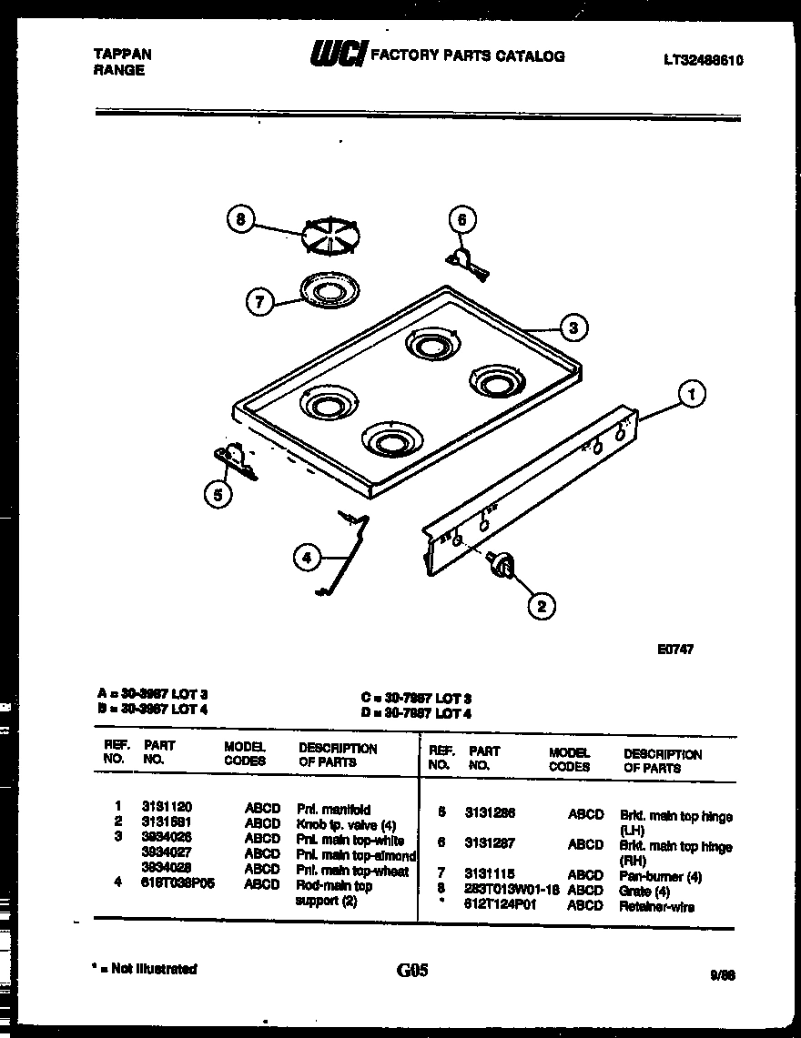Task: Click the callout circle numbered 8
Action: click(x=240, y=220)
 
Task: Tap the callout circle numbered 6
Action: click(x=461, y=219)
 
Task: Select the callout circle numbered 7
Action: click(x=261, y=302)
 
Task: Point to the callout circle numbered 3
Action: click(x=573, y=328)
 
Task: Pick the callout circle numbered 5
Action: click(x=217, y=494)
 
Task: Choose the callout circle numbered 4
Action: click(x=308, y=559)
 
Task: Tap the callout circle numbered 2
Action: click(x=542, y=604)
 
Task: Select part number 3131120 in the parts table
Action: click(x=167, y=806)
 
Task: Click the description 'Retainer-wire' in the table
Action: click(x=656, y=906)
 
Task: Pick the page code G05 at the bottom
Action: click(x=412, y=971)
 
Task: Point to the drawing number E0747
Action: click(x=674, y=650)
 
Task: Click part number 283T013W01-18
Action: click(x=512, y=891)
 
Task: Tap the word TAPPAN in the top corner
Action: click(x=123, y=55)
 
